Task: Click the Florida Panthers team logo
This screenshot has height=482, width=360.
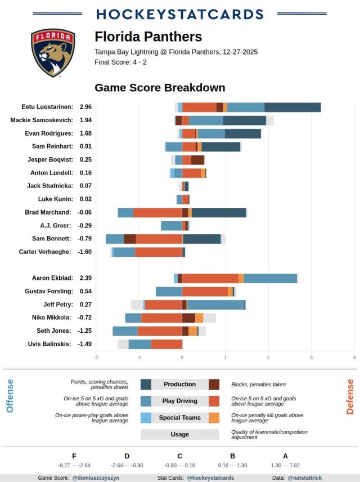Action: click(x=53, y=53)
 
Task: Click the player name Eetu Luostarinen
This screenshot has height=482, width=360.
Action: click(x=47, y=106)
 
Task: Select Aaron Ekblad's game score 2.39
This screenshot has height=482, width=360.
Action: click(x=85, y=278)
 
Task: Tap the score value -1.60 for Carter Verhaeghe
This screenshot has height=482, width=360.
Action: click(x=85, y=252)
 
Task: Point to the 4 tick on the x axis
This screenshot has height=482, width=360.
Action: click(x=354, y=357)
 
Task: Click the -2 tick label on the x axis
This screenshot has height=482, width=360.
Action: click(x=96, y=357)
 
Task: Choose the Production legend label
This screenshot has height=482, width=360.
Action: click(x=180, y=384)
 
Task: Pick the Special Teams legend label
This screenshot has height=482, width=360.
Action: click(x=180, y=418)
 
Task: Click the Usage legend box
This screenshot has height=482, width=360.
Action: click(x=180, y=435)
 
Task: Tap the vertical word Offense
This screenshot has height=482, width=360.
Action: click(x=10, y=396)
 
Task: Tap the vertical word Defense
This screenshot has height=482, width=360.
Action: click(x=350, y=396)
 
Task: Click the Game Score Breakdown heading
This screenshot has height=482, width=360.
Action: click(x=160, y=88)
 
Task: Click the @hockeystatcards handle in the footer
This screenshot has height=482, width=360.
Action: click(x=210, y=477)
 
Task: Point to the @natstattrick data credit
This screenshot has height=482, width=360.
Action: click(x=304, y=477)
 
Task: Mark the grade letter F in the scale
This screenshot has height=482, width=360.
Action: click(x=74, y=456)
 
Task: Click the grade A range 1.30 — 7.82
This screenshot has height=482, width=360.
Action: click(x=285, y=465)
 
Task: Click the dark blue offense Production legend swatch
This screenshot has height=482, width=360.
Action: click(x=146, y=384)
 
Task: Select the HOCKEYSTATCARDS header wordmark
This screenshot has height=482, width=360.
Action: click(x=180, y=14)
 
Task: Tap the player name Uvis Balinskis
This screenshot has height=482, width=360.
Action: click(x=50, y=344)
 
